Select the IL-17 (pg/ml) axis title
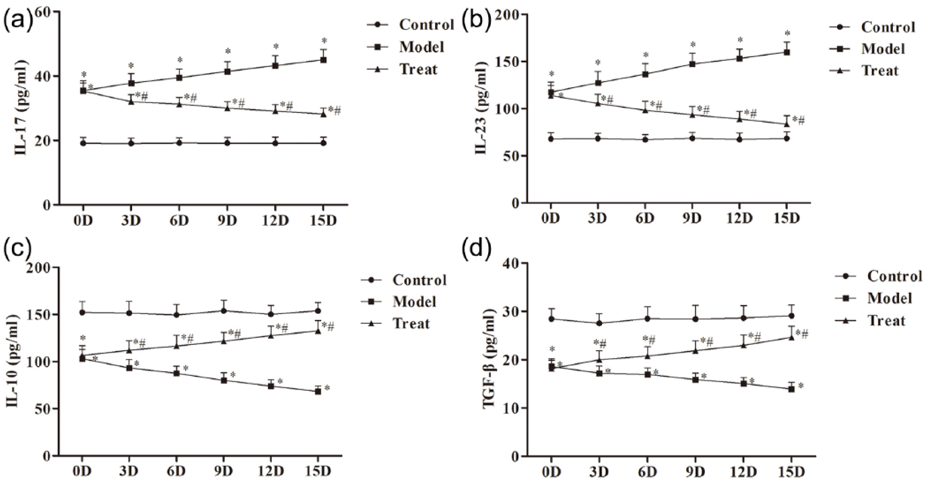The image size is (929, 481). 21,108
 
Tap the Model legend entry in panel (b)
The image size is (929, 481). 883,49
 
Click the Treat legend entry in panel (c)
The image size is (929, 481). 411,324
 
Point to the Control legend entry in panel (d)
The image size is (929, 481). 894,276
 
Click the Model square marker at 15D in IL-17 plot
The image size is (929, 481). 323,60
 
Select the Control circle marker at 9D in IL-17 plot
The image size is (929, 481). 227,143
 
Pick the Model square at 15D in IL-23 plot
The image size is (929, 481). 787,52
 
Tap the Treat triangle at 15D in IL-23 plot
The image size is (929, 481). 787,123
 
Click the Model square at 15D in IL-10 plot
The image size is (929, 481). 318,391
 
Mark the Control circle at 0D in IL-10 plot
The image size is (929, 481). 82,312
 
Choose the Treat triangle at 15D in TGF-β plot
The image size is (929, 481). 791,337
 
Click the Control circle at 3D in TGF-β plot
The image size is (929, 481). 599,323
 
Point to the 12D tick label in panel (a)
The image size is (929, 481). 275,221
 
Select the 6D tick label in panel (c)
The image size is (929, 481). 176,471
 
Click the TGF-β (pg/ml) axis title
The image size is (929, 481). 490,359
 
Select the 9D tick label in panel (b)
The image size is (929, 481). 692,218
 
